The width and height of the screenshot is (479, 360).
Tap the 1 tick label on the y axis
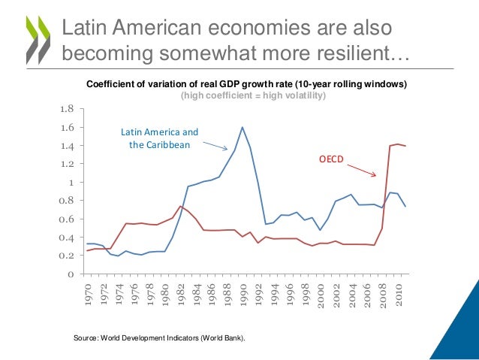[x=71, y=183]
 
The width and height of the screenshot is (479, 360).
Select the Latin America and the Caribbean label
[x=160, y=138]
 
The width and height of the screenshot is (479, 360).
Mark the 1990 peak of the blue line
[x=242, y=127]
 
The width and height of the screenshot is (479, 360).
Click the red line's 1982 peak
[x=180, y=206]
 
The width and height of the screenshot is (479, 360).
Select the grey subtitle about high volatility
[x=253, y=95]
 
